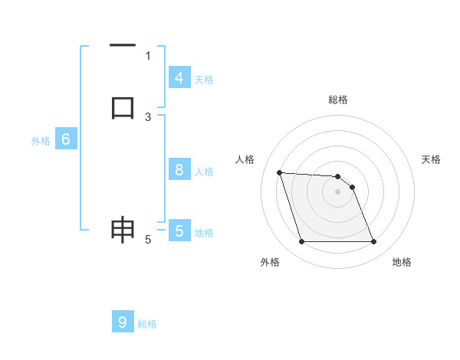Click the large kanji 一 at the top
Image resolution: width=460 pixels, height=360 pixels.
point(123,47)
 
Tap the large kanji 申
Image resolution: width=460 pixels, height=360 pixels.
point(123,230)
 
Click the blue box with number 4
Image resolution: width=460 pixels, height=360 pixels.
point(179,78)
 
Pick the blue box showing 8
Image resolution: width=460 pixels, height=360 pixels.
point(179,170)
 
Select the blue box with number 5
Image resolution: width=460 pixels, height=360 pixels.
point(179,231)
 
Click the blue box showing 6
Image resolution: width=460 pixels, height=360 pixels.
point(66,139)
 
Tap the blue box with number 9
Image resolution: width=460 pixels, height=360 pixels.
point(123,322)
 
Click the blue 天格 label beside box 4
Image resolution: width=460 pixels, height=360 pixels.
point(204,79)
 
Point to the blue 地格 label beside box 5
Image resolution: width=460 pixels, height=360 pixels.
point(204,232)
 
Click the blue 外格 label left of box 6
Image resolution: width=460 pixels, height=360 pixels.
point(41,141)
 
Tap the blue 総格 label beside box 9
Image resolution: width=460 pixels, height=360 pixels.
point(147,324)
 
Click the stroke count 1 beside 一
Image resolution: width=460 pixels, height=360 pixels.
point(148,55)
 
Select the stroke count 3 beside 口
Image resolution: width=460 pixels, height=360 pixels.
point(148,116)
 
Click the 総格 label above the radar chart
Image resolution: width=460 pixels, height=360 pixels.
point(338,100)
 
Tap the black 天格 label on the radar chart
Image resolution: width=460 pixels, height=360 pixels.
point(431,159)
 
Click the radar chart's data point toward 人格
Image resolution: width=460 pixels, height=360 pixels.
point(279,172)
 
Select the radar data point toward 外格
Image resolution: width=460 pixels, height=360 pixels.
point(301,242)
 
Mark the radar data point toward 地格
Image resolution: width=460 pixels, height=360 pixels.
point(374,242)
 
